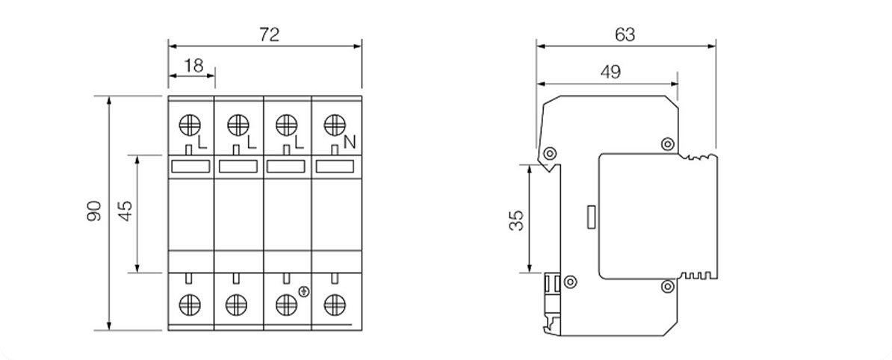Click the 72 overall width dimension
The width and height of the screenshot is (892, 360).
point(270,34)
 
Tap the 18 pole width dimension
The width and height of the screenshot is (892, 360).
point(194,66)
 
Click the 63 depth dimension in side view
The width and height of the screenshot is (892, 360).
point(625,34)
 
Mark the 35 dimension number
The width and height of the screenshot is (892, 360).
point(516,220)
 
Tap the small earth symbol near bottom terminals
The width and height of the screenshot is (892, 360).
point(304,292)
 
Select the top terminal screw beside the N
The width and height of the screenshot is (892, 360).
point(335,125)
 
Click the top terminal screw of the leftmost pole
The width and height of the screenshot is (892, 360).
point(190,125)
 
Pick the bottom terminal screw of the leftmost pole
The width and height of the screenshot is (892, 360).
point(190,305)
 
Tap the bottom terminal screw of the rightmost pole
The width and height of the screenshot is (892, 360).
point(335,305)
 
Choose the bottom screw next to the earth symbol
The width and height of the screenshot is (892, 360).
point(286,305)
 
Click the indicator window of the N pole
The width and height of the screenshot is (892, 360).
point(335,167)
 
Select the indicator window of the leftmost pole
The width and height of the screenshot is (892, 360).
point(191,167)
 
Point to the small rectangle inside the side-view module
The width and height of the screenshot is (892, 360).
point(591,217)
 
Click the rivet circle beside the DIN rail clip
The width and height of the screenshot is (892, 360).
point(570,281)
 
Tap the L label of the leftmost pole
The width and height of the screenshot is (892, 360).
point(203,143)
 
